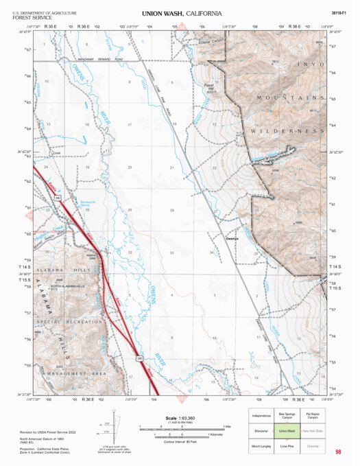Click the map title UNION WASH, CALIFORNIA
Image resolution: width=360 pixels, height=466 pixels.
click(182, 13)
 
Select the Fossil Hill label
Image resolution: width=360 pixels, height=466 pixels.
click(210, 86)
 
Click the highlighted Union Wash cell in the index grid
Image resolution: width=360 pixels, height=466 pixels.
click(287, 431)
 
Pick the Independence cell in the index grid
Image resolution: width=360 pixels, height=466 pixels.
click(261, 416)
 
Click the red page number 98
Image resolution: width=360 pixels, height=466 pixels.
click(338, 452)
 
